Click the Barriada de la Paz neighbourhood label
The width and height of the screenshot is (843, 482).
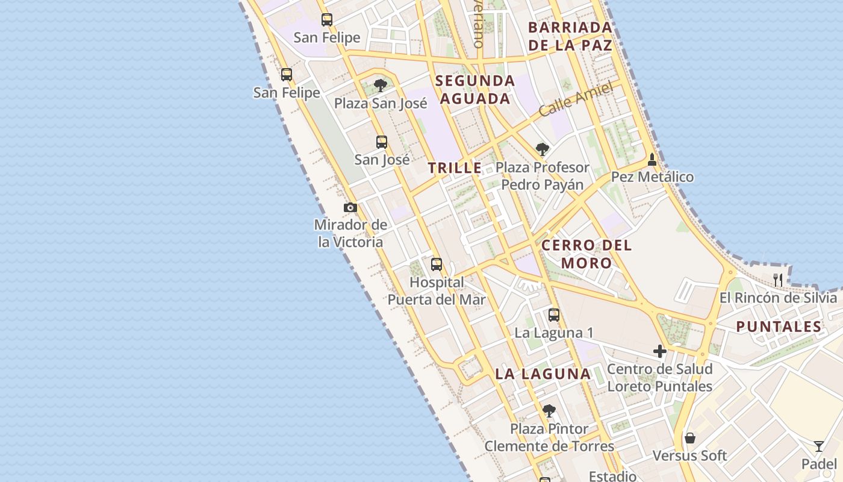pos(570,36)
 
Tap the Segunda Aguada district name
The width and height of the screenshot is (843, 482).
pos(475,90)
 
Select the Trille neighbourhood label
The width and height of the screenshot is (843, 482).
pos(455,168)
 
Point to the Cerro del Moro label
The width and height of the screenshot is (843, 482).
pos(586,254)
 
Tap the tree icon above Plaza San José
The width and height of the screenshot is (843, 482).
pos(380,85)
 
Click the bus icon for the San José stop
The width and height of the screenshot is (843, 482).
pos(382,142)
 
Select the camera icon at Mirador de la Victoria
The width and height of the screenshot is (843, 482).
pos(350,208)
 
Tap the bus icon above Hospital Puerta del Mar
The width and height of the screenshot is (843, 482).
pos(437,264)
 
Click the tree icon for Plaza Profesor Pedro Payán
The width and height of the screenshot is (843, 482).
pos(543,149)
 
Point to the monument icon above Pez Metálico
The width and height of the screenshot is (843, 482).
pos(652,160)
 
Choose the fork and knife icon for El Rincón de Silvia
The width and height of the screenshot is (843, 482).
pos(778,280)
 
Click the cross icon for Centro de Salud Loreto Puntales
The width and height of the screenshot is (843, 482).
pos(660,351)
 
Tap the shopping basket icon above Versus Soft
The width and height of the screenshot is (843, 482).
pos(690,438)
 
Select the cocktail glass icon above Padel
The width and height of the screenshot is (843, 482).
pos(819,446)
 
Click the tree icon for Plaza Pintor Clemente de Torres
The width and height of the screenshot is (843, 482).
pos(549,411)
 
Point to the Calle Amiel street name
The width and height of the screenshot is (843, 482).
pos(576,99)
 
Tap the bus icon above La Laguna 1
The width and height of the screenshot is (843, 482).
pos(554,315)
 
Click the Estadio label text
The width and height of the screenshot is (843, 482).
pos(612,476)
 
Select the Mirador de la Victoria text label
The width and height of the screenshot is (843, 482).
pos(350,233)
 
